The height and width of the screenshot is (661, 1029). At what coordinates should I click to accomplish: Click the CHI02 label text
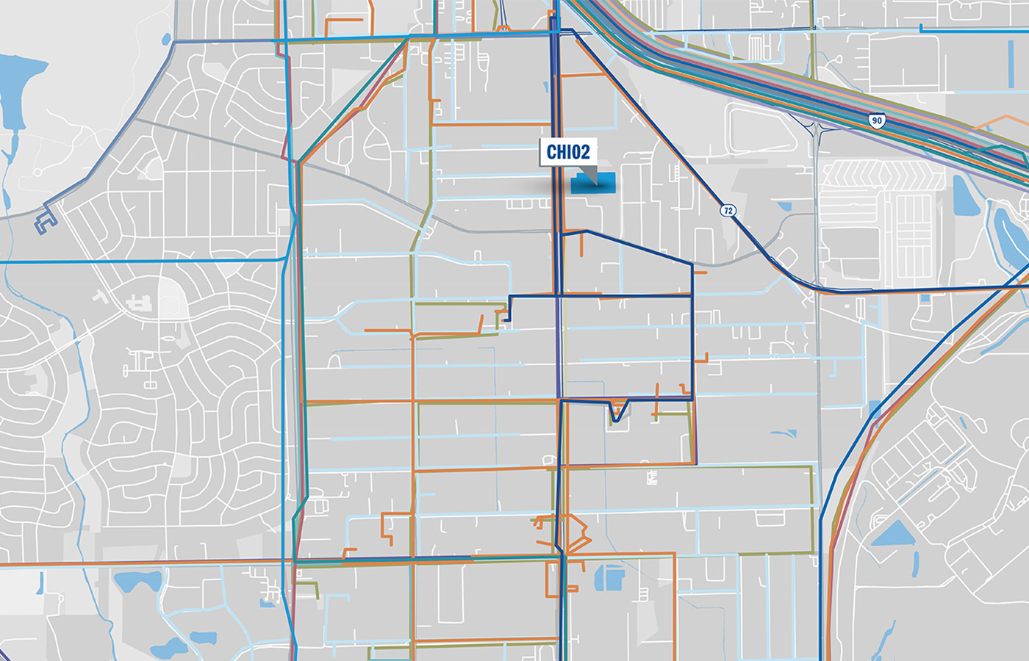(568, 152)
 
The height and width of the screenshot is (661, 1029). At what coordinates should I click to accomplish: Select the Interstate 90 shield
(876, 120)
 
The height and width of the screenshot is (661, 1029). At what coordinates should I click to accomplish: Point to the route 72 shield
(728, 211)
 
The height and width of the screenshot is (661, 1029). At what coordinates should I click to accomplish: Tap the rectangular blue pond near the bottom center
(609, 578)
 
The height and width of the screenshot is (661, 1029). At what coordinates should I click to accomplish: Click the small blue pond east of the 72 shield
(785, 207)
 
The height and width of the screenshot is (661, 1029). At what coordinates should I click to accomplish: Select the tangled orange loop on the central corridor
(566, 532)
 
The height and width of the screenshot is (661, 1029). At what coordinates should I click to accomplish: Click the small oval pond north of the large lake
(167, 39)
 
